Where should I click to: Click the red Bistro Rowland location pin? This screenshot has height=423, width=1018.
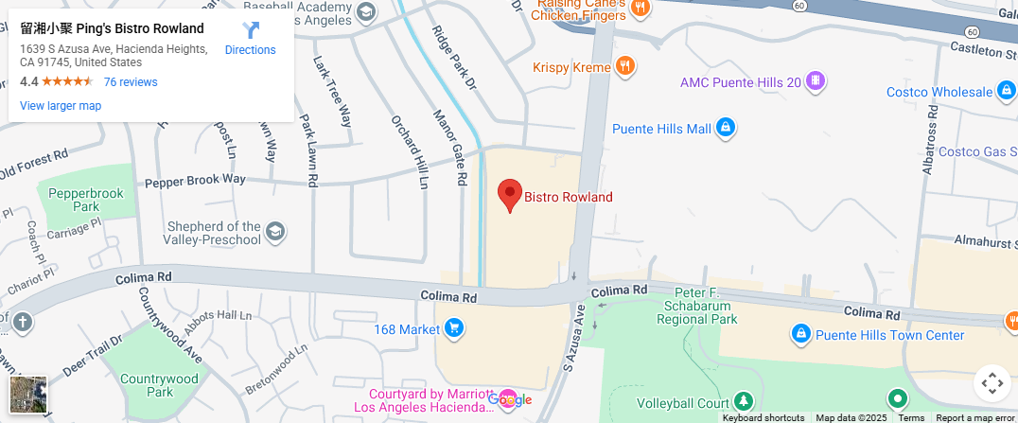510,194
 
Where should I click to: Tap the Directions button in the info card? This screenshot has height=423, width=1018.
251,39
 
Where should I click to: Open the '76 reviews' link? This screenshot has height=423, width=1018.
131,82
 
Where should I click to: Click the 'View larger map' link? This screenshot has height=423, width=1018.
61,106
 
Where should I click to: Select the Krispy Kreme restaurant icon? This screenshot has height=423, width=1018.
624,66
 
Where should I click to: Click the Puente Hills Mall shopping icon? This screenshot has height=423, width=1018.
726,128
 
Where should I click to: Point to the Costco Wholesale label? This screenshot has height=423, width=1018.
939,92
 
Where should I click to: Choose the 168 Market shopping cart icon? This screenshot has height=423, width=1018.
454,328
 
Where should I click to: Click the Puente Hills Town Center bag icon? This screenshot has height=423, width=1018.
800,334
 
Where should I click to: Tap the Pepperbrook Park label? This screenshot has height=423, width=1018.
86,199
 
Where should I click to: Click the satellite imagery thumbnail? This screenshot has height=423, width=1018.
27,394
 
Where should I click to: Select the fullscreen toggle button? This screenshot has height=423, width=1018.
992,383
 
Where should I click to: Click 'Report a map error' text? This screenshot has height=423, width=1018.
974,417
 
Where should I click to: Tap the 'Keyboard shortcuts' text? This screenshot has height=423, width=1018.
763,417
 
